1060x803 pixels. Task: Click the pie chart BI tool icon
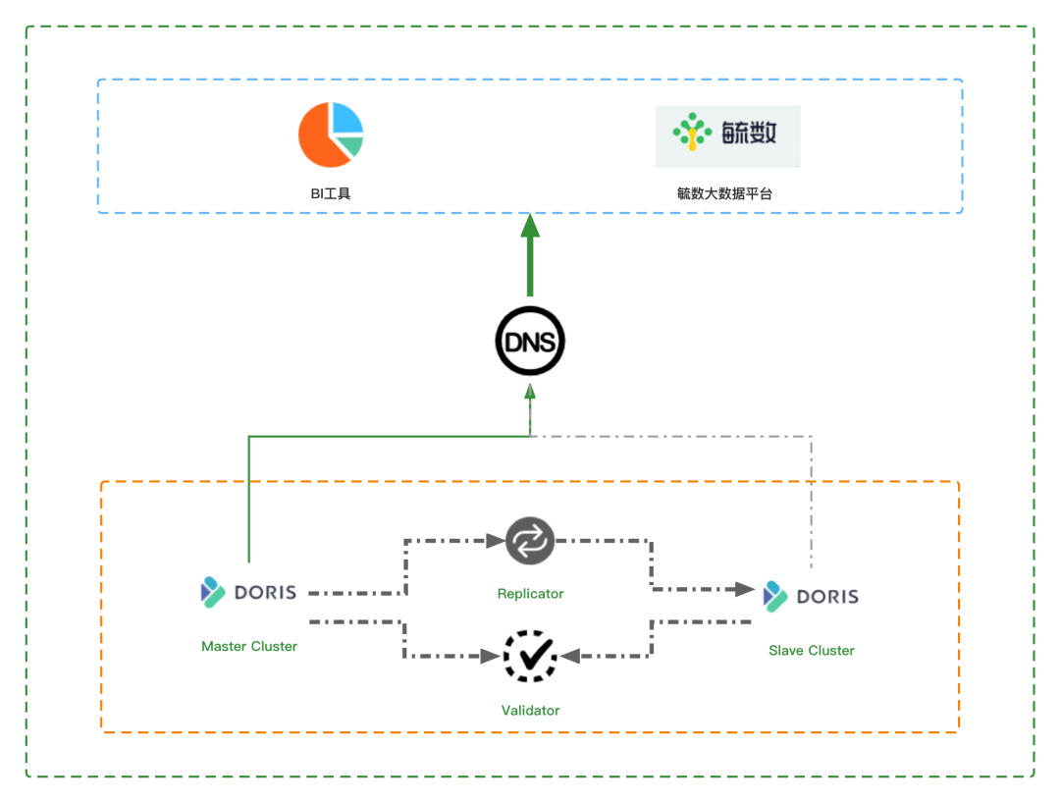[331, 134]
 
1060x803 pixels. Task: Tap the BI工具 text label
[331, 193]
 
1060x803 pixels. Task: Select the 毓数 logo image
[727, 135]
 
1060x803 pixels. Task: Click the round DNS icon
[530, 342]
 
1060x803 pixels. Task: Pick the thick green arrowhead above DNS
[530, 228]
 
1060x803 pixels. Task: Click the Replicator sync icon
[530, 541]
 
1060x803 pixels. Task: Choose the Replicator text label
[530, 593]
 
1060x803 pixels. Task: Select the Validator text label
[530, 710]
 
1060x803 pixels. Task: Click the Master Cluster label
[249, 646]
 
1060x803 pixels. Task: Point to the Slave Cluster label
[811, 650]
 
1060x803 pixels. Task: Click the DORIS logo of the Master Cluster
[248, 592]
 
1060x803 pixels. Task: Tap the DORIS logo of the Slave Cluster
[811, 596]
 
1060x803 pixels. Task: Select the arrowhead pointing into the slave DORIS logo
[748, 590]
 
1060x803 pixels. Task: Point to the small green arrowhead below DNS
[530, 394]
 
